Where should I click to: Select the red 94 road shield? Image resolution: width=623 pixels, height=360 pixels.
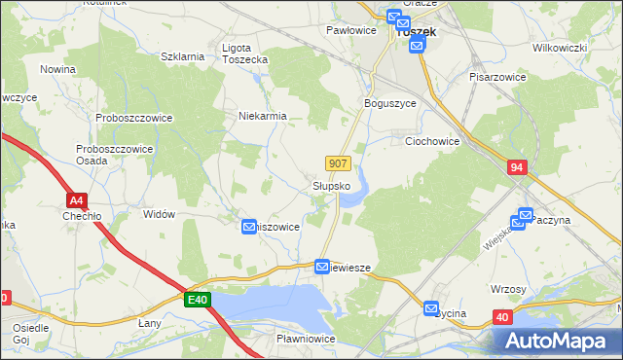click(517, 168)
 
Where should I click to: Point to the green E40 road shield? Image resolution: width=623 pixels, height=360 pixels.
click(198, 300)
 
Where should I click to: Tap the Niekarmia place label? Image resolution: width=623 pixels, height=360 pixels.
click(263, 116)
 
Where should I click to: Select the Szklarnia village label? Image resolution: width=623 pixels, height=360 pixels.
click(182, 56)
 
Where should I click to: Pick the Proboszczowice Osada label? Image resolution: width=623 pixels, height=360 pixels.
click(105, 155)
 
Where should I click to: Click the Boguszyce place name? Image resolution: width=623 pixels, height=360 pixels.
click(389, 103)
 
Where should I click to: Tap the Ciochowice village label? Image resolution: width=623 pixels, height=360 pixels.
click(431, 141)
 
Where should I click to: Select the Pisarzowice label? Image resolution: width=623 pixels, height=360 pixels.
click(498, 76)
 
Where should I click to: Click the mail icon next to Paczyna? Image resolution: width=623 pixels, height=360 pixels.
click(525, 216)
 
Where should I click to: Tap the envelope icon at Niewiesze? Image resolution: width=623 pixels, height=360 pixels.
click(322, 266)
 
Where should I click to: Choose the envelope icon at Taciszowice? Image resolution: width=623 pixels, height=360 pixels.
click(249, 227)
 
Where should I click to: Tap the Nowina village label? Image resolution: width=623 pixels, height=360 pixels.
click(58, 69)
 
